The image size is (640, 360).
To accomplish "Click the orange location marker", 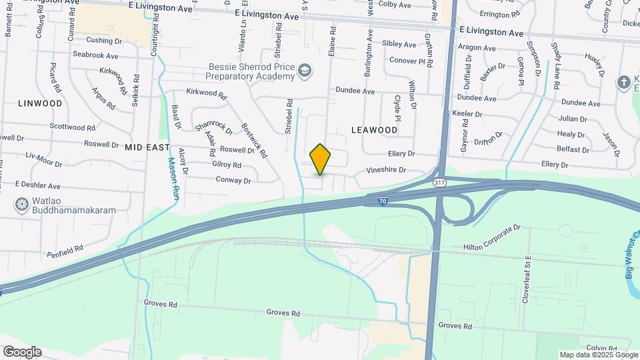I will pos(320,159).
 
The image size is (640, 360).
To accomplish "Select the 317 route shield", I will pos(439,182).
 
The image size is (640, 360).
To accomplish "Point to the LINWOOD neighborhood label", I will pos(40,103).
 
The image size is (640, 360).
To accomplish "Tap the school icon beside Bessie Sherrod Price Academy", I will pos(305,71).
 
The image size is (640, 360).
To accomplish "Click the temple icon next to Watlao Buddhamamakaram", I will pos(22,204).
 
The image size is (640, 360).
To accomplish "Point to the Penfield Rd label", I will pos(65,251).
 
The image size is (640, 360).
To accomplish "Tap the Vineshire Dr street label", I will pos(381,170).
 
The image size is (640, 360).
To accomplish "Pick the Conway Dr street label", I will pos(233,180).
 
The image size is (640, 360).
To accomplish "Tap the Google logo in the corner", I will pos(22,351).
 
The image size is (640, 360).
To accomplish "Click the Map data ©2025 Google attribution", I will pos(598,355).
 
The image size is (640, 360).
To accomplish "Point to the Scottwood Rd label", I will pos(67,127).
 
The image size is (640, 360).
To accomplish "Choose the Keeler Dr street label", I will pos(467,114).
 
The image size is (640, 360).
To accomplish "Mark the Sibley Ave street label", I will pos(399,44).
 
